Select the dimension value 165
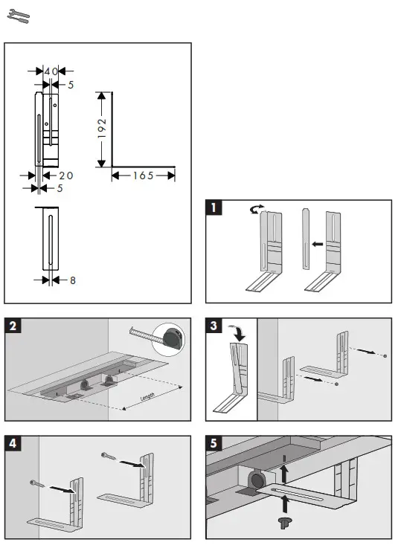coord(144,175)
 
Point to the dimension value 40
coord(51,71)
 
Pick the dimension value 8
coord(72,280)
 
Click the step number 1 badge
coord(214,208)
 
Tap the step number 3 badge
coord(214,324)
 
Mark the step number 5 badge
coord(214,442)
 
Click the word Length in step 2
coord(153,398)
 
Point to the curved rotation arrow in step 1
coord(257,212)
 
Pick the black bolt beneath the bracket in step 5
coord(283,522)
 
